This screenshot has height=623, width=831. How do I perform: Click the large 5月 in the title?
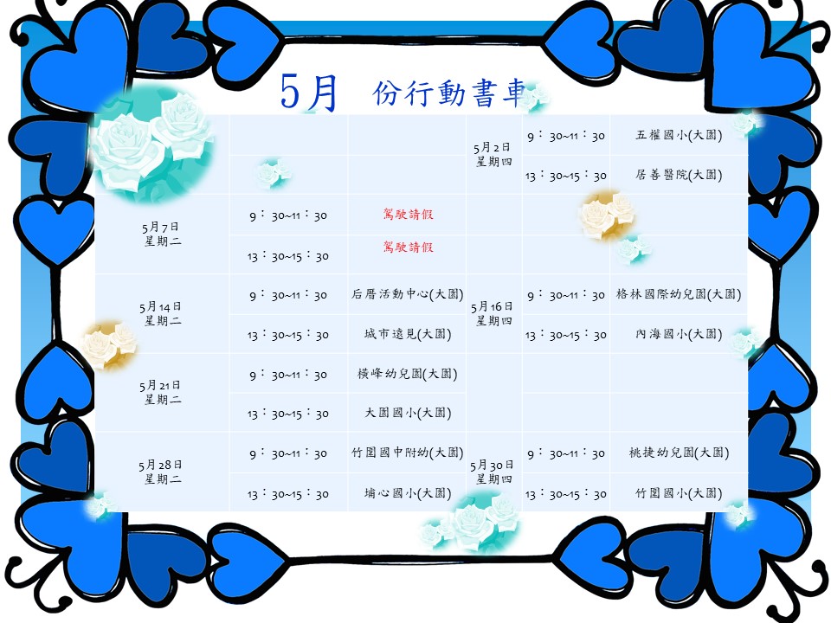pos(309,93)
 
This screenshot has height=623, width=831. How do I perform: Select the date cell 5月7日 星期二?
pos(162,234)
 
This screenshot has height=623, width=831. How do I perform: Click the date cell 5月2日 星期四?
pos(493,154)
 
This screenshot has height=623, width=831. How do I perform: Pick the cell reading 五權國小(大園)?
pos(679,135)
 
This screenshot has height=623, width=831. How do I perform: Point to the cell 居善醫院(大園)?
pos(679,175)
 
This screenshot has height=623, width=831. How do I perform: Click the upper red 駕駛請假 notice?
pos(408,214)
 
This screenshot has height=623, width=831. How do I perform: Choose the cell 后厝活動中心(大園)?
pos(407,294)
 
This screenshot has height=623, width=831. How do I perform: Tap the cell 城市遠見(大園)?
pos(408,334)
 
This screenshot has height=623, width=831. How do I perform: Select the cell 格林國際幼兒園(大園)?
pos(679,294)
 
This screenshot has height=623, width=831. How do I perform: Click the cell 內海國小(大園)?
pos(679,334)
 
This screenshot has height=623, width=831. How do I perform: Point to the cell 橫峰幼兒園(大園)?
pos(407,374)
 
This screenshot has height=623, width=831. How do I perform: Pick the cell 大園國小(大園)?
pos(408,413)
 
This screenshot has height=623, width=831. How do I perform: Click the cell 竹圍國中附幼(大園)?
pos(407,453)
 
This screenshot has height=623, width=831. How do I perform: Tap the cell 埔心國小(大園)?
pos(408,493)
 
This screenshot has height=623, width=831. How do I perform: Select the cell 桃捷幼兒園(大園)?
pos(679,453)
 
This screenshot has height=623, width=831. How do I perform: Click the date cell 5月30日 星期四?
pos(493,472)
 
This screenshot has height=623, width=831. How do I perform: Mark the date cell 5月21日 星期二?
pos(162,392)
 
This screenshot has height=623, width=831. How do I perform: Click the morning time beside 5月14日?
pos(288,295)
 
